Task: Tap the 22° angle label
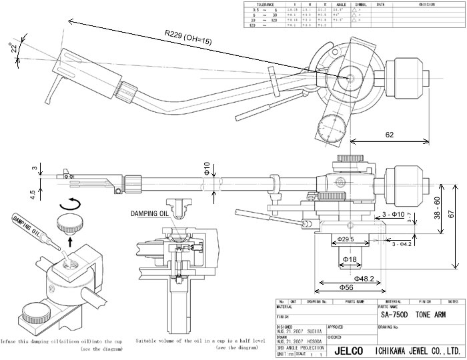pyautogui.click(x=11, y=47)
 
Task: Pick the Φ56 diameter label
pyautogui.click(x=344, y=287)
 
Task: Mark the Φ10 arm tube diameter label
pyautogui.click(x=207, y=168)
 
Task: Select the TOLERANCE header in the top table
pyautogui.click(x=260, y=4)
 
